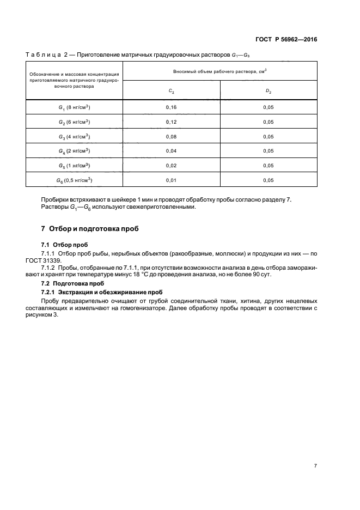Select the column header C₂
tap(171, 91)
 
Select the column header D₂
tap(269, 91)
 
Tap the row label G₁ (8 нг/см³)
tap(75, 107)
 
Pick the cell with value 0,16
tap(171, 107)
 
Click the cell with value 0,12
tap(171, 122)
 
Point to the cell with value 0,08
tap(171, 137)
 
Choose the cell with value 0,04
tap(171, 151)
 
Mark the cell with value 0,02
tap(171, 166)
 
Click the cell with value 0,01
tap(171, 180)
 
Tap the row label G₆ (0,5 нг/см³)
tap(75, 180)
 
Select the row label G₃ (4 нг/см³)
tap(75, 137)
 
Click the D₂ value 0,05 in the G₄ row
tap(269, 151)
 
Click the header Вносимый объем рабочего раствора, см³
tap(220, 71)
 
